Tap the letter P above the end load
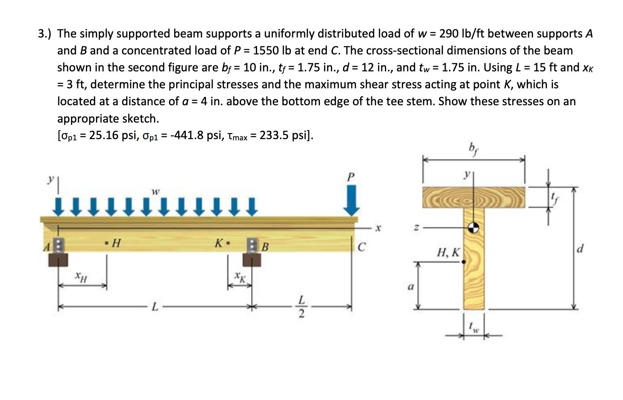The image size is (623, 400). click(351, 177)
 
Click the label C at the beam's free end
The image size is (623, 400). click(361, 247)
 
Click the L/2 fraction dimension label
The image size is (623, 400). click(301, 307)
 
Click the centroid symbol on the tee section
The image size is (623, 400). click(473, 228)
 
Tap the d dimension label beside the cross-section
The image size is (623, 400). click(579, 248)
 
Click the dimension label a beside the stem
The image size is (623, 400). click(410, 287)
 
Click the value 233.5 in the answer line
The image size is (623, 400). click(274, 135)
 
